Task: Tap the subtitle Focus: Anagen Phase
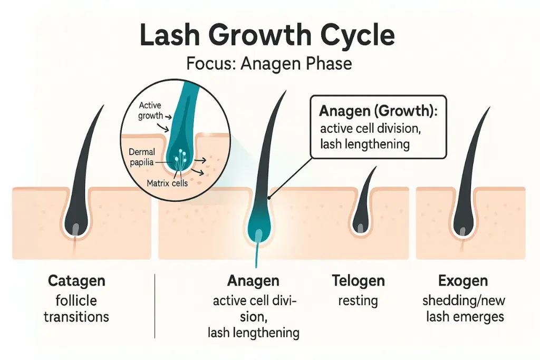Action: click(269, 64)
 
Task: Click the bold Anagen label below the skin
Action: click(253, 280)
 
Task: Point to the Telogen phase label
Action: click(358, 280)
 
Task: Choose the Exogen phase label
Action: click(462, 280)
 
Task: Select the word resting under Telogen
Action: click(358, 301)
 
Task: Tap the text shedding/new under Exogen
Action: click(463, 300)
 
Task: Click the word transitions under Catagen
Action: click(76, 317)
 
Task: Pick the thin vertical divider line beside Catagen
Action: click(155, 306)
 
